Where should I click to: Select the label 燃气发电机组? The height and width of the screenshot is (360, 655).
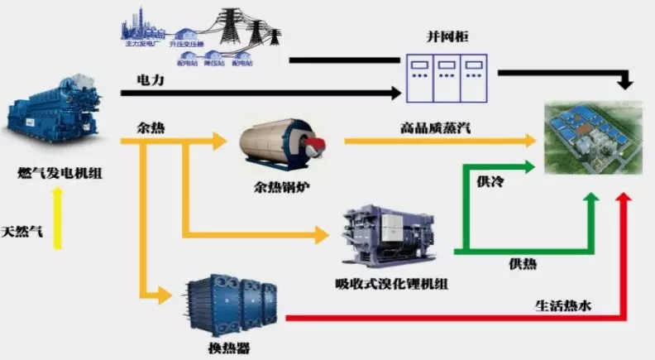(x=56, y=173)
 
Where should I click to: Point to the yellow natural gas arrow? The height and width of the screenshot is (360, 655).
(x=56, y=218)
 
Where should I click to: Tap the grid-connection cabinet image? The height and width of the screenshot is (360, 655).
(x=447, y=77)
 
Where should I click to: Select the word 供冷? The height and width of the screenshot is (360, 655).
(x=490, y=181)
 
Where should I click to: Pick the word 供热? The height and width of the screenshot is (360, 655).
(x=522, y=264)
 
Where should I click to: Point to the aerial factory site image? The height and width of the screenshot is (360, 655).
(x=591, y=137)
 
